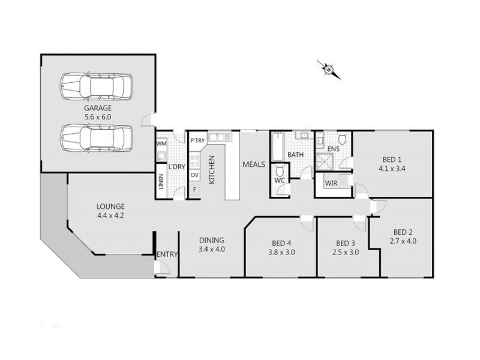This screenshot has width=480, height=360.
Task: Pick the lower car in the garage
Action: pos(96,137)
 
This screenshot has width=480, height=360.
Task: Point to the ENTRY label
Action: pos(167,254)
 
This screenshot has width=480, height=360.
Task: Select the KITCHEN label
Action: pos(211,169)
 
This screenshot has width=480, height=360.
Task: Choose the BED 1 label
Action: pos(392,160)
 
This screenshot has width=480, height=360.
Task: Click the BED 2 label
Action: pos(403,232)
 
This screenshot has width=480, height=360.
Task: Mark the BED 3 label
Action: pos(346,243)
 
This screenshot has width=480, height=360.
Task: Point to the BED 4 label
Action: pos(281,243)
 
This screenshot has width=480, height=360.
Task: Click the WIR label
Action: pos(331,183)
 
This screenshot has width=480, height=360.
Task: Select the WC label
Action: pos(279,180)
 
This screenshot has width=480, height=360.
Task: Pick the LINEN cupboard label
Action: pos(161,182)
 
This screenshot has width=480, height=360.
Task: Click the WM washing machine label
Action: pos(161,144)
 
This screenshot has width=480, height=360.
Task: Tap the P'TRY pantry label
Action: pos(197,140)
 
